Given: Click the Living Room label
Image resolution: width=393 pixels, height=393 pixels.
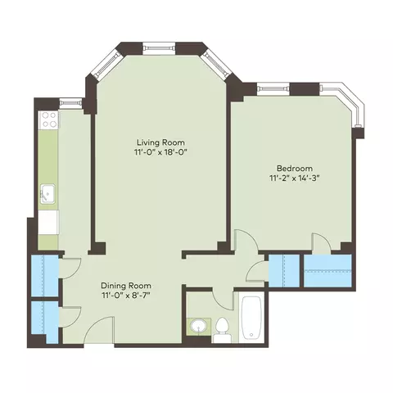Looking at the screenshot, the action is coord(160,142).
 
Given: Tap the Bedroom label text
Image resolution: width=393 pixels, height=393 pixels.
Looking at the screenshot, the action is coord(295,168).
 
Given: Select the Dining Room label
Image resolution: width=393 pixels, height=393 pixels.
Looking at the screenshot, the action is coord(126,286).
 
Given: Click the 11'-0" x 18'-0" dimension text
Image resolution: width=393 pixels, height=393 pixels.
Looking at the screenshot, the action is coord(160,152).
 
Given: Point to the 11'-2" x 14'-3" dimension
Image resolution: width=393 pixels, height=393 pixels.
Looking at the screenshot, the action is coord(295,178).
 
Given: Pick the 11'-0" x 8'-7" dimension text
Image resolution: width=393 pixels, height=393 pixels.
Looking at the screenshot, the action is coord(126,296).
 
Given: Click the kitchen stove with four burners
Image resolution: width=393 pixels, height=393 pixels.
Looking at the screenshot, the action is coord(48,120).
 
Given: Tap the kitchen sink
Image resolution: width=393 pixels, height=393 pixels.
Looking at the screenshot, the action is coord(47,194).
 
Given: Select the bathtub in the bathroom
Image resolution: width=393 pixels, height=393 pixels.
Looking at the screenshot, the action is coord(251,318).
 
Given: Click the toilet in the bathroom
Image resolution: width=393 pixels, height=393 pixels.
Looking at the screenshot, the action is coord(221,330).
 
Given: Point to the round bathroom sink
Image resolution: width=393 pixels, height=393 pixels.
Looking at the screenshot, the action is coord(198,326).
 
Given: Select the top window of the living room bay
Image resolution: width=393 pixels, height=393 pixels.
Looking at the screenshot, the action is coord(159,48).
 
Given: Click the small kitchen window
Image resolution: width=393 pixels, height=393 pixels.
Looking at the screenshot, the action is coord(70,103).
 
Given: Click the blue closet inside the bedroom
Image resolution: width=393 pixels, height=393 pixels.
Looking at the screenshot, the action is coord(327,271).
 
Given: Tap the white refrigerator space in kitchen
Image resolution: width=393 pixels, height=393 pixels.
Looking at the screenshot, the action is coord(48,222).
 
